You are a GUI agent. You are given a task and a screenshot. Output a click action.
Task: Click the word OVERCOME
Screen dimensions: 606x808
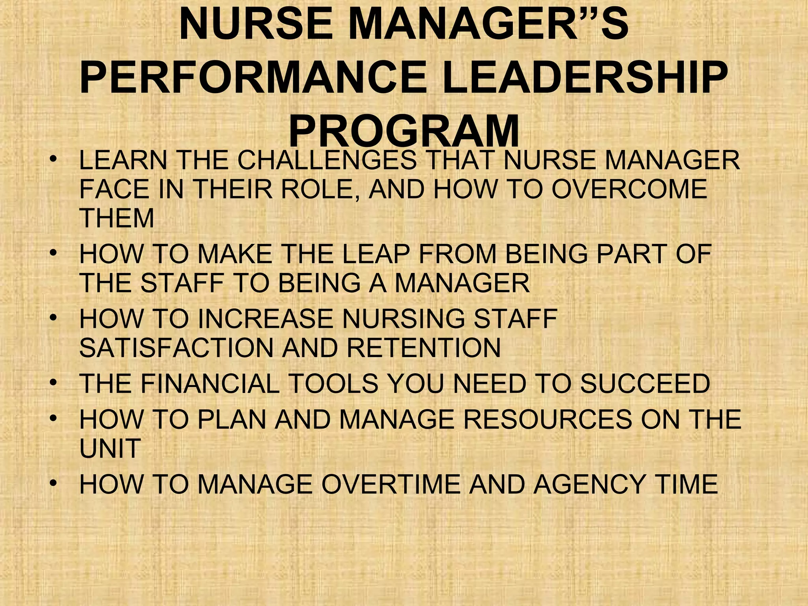629,189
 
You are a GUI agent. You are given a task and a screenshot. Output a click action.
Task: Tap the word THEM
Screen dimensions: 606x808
116,218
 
